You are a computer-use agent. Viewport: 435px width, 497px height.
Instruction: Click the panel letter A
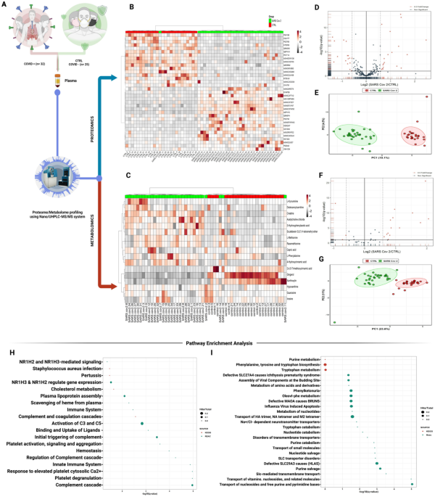coord(6,5)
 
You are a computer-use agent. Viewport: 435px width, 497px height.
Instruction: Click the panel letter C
coord(129,175)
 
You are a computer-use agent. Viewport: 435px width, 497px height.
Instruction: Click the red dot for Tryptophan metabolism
coord(326,368)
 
